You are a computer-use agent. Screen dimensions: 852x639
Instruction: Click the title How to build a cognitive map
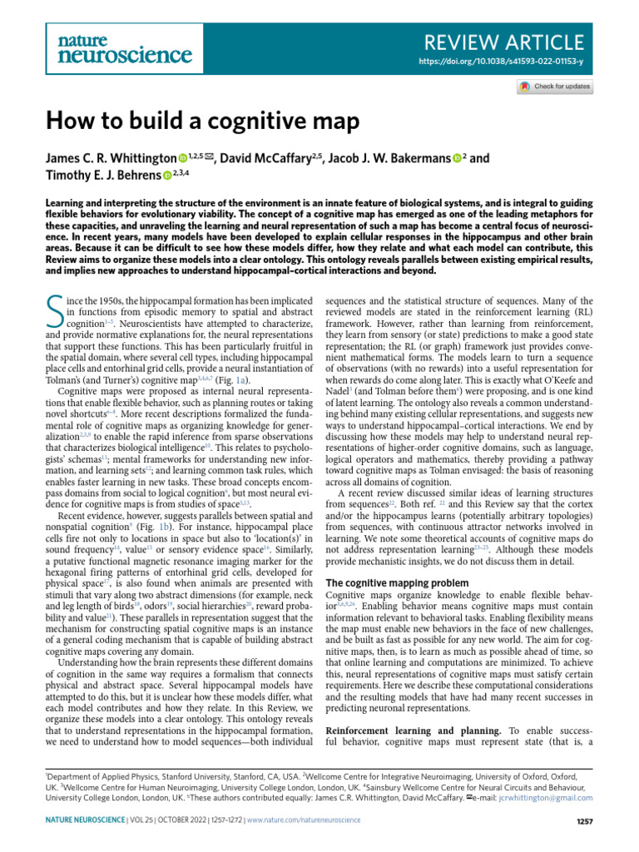point(202,121)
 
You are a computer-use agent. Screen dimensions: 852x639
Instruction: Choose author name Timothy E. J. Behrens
point(103,175)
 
